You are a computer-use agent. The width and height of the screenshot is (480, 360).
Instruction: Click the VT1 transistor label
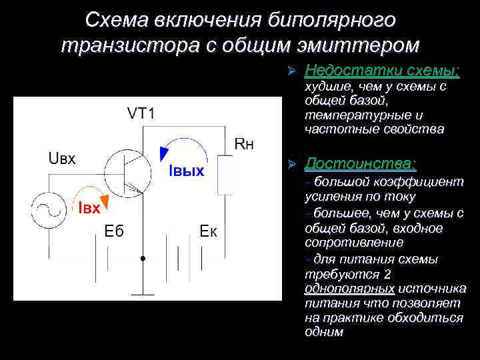click(x=141, y=113)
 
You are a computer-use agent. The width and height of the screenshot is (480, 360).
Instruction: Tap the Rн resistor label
click(x=244, y=145)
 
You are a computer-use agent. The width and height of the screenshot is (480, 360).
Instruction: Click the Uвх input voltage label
click(x=62, y=158)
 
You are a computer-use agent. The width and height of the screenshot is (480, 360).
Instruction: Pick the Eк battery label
click(x=213, y=231)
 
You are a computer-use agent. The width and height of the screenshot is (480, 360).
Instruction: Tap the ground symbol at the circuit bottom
click(x=142, y=292)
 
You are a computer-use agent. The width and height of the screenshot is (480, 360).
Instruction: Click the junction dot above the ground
click(x=142, y=257)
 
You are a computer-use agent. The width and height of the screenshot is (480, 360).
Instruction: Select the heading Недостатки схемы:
click(x=382, y=70)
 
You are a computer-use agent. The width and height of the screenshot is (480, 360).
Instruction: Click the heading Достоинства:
click(x=360, y=163)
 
